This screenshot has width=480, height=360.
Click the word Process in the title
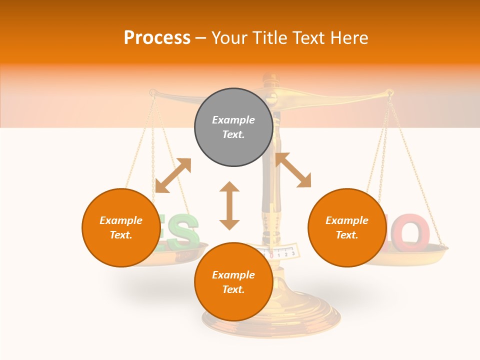point(157,38)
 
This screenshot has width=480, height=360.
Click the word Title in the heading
point(269,38)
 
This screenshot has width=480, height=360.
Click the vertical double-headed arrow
point(229,205)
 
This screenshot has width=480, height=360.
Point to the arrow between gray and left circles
point(173,175)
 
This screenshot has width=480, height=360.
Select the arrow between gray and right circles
point(293,170)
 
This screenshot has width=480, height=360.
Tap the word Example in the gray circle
point(233,120)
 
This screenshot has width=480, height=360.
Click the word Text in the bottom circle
point(233,289)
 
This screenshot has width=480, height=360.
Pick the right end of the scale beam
point(388,92)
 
